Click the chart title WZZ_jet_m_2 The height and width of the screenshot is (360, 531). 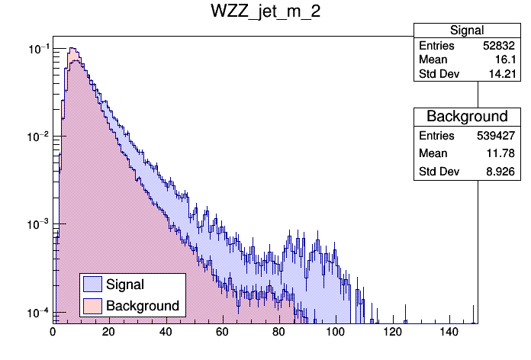tap(265, 13)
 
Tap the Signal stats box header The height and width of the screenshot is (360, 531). tap(466, 31)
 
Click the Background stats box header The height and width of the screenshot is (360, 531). tap(466, 117)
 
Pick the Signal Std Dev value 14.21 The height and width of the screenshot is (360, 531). tap(504, 74)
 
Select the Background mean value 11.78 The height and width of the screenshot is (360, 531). tap(504, 154)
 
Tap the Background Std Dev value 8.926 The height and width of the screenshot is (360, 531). tap(503, 172)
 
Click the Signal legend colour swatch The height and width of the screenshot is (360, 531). tap(92, 284)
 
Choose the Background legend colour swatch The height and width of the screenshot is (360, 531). tap(92, 306)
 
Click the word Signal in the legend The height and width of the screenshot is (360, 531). tap(125, 284)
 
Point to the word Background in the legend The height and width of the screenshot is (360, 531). tap(143, 306)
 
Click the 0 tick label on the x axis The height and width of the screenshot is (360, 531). tap(53, 332)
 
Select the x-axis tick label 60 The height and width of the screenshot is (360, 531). tap(223, 332)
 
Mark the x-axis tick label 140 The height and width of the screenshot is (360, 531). tap(449, 332)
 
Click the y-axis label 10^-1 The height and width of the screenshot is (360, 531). tap(38, 50)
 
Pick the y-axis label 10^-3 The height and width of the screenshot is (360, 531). tap(38, 225)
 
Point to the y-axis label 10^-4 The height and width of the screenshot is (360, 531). tap(38, 313)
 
